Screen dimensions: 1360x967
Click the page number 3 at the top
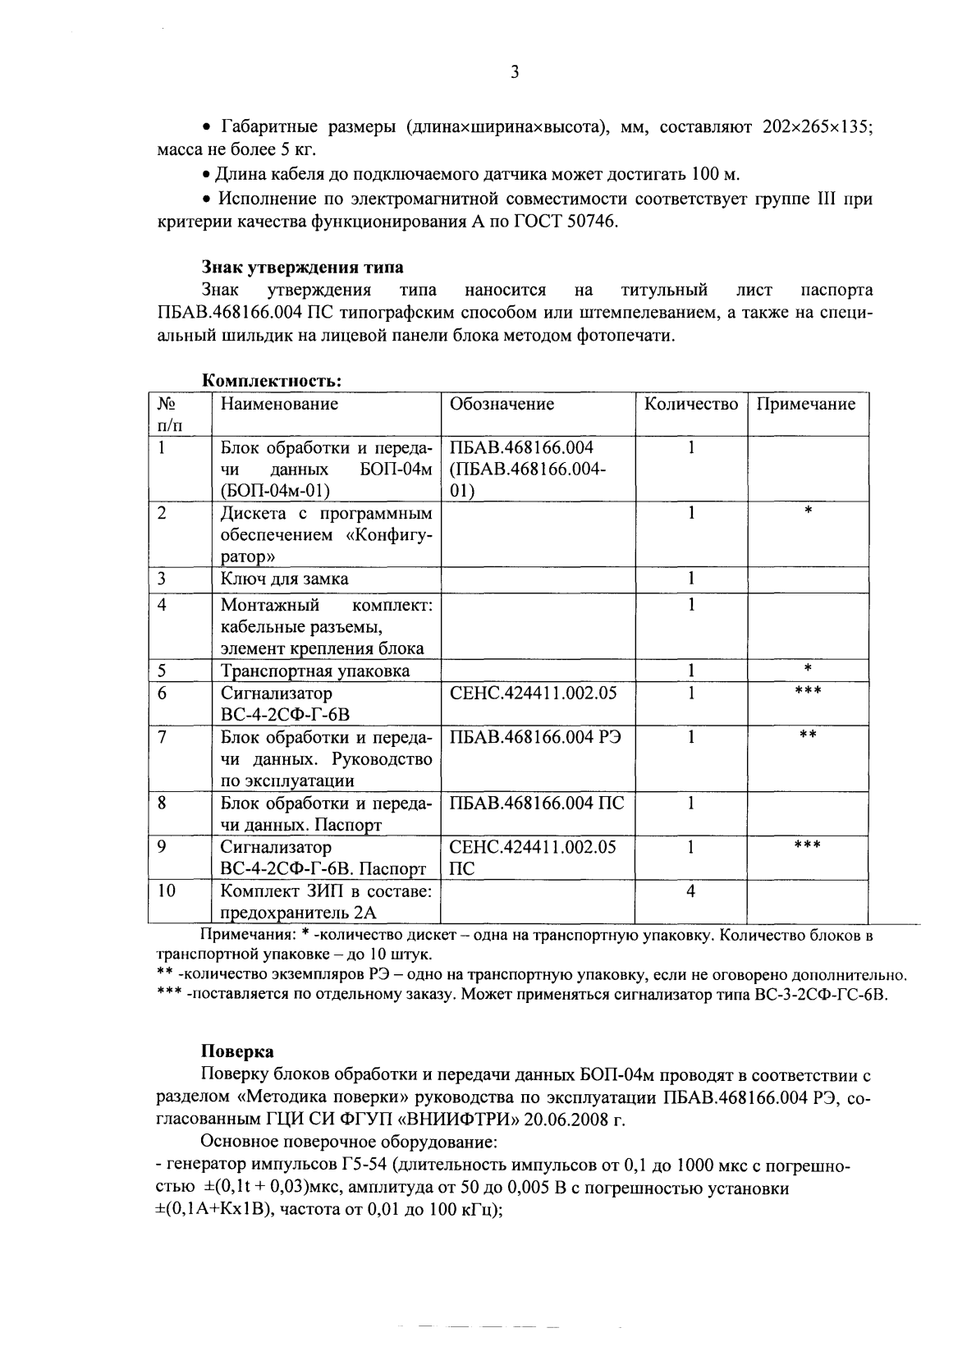(x=514, y=72)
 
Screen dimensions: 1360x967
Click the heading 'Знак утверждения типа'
(x=302, y=268)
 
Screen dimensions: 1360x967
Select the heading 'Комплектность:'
(x=271, y=381)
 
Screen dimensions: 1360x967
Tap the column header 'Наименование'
(x=279, y=404)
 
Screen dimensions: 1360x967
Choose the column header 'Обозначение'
(x=502, y=404)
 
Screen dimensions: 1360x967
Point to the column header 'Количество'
(x=690, y=404)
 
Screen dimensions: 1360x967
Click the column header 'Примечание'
(x=805, y=404)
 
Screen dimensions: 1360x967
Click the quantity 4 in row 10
(x=690, y=891)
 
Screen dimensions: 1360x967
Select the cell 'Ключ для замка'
(x=284, y=579)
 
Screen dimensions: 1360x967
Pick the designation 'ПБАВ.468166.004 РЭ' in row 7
(x=535, y=736)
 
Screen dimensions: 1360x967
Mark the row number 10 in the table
(x=167, y=891)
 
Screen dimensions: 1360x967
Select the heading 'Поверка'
(x=237, y=1051)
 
